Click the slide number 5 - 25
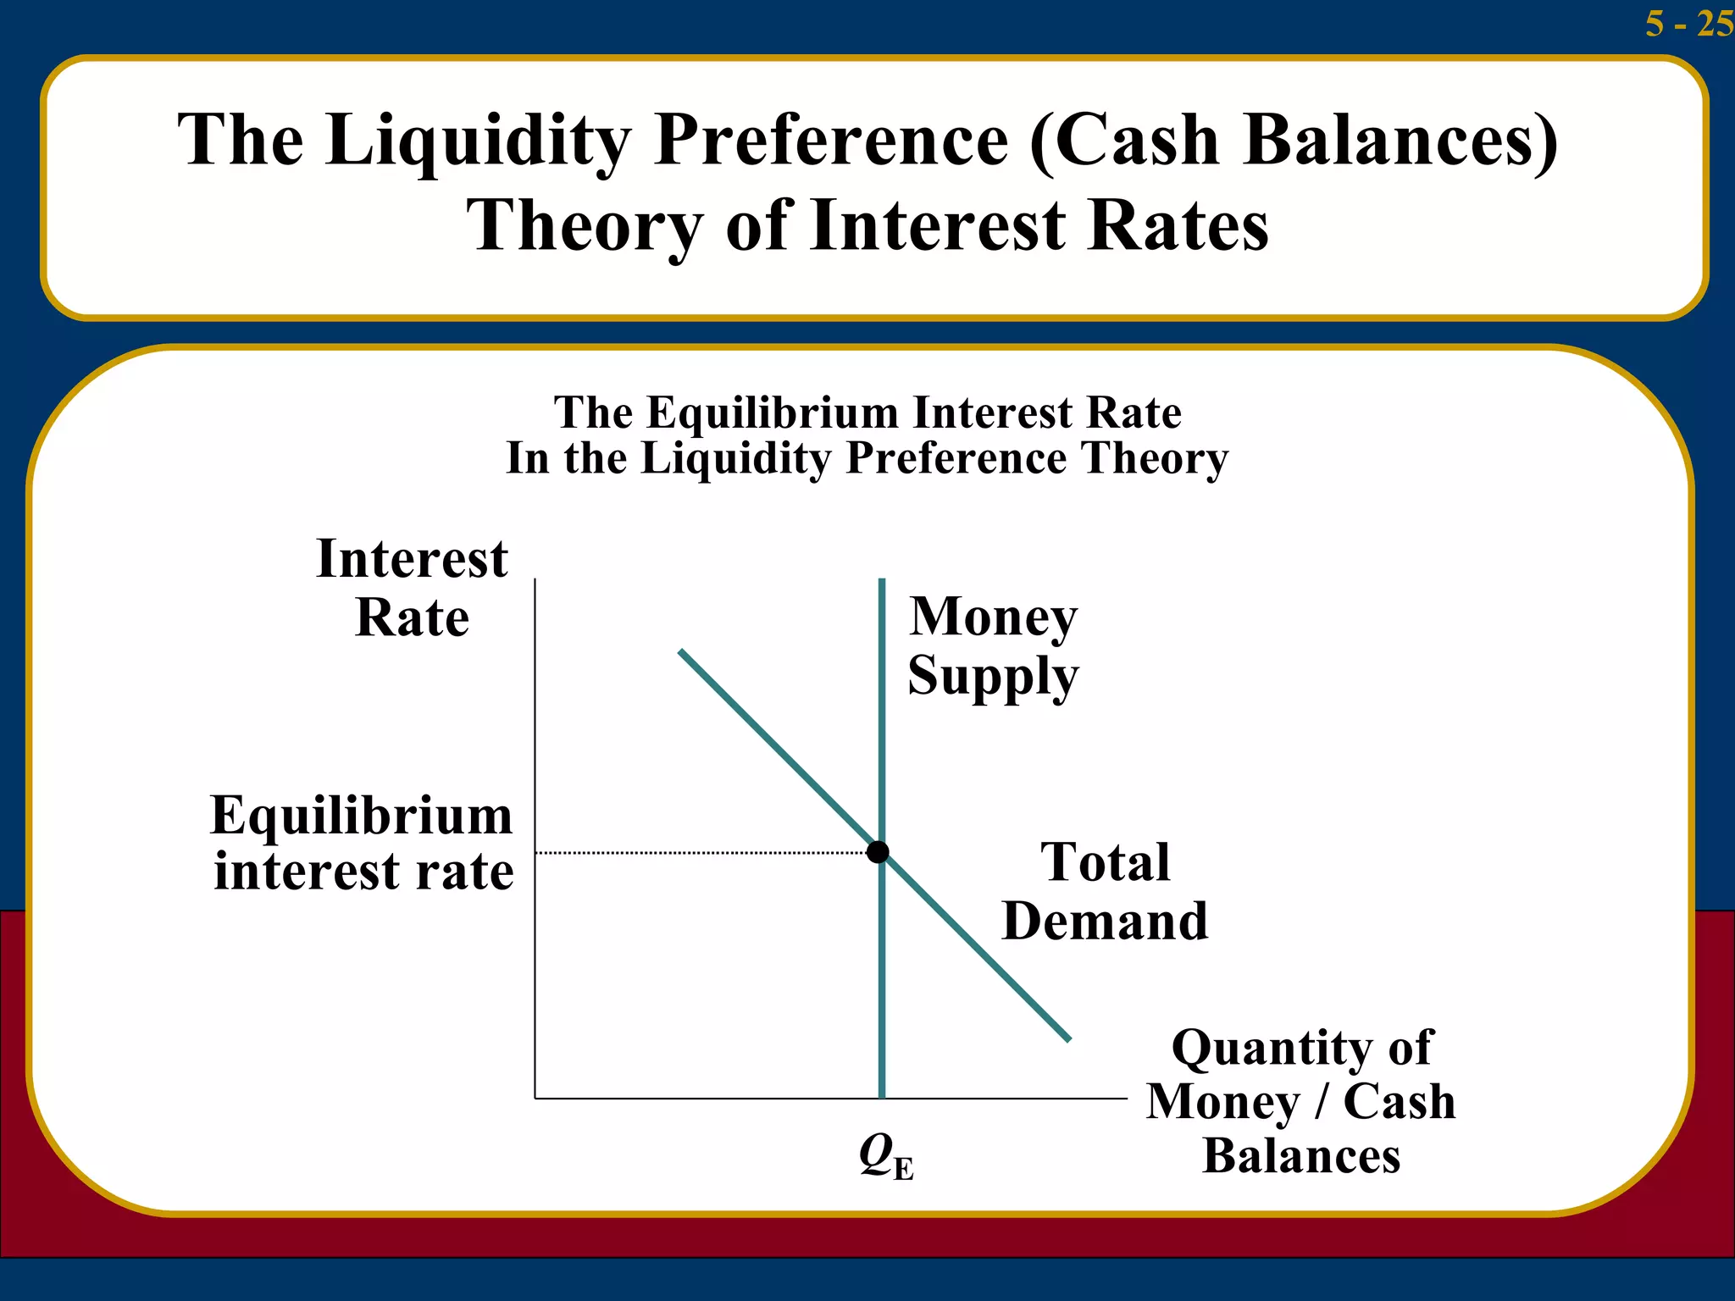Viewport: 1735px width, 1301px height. (1688, 23)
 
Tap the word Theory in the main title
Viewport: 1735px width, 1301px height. (585, 227)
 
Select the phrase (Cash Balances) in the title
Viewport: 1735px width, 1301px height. (1294, 141)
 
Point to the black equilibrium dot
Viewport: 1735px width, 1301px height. (879, 851)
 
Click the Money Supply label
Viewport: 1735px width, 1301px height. (993, 645)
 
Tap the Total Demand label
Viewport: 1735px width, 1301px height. (1105, 891)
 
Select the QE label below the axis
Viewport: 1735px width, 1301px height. (885, 1155)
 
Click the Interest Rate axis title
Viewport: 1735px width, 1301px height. (412, 588)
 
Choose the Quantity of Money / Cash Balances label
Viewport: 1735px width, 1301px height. (1301, 1101)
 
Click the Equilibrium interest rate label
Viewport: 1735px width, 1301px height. (363, 843)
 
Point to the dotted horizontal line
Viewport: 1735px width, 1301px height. (703, 852)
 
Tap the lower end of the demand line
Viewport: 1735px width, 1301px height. (1068, 1038)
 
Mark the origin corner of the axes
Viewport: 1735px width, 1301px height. (535, 1099)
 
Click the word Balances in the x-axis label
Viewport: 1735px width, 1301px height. (1301, 1156)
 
